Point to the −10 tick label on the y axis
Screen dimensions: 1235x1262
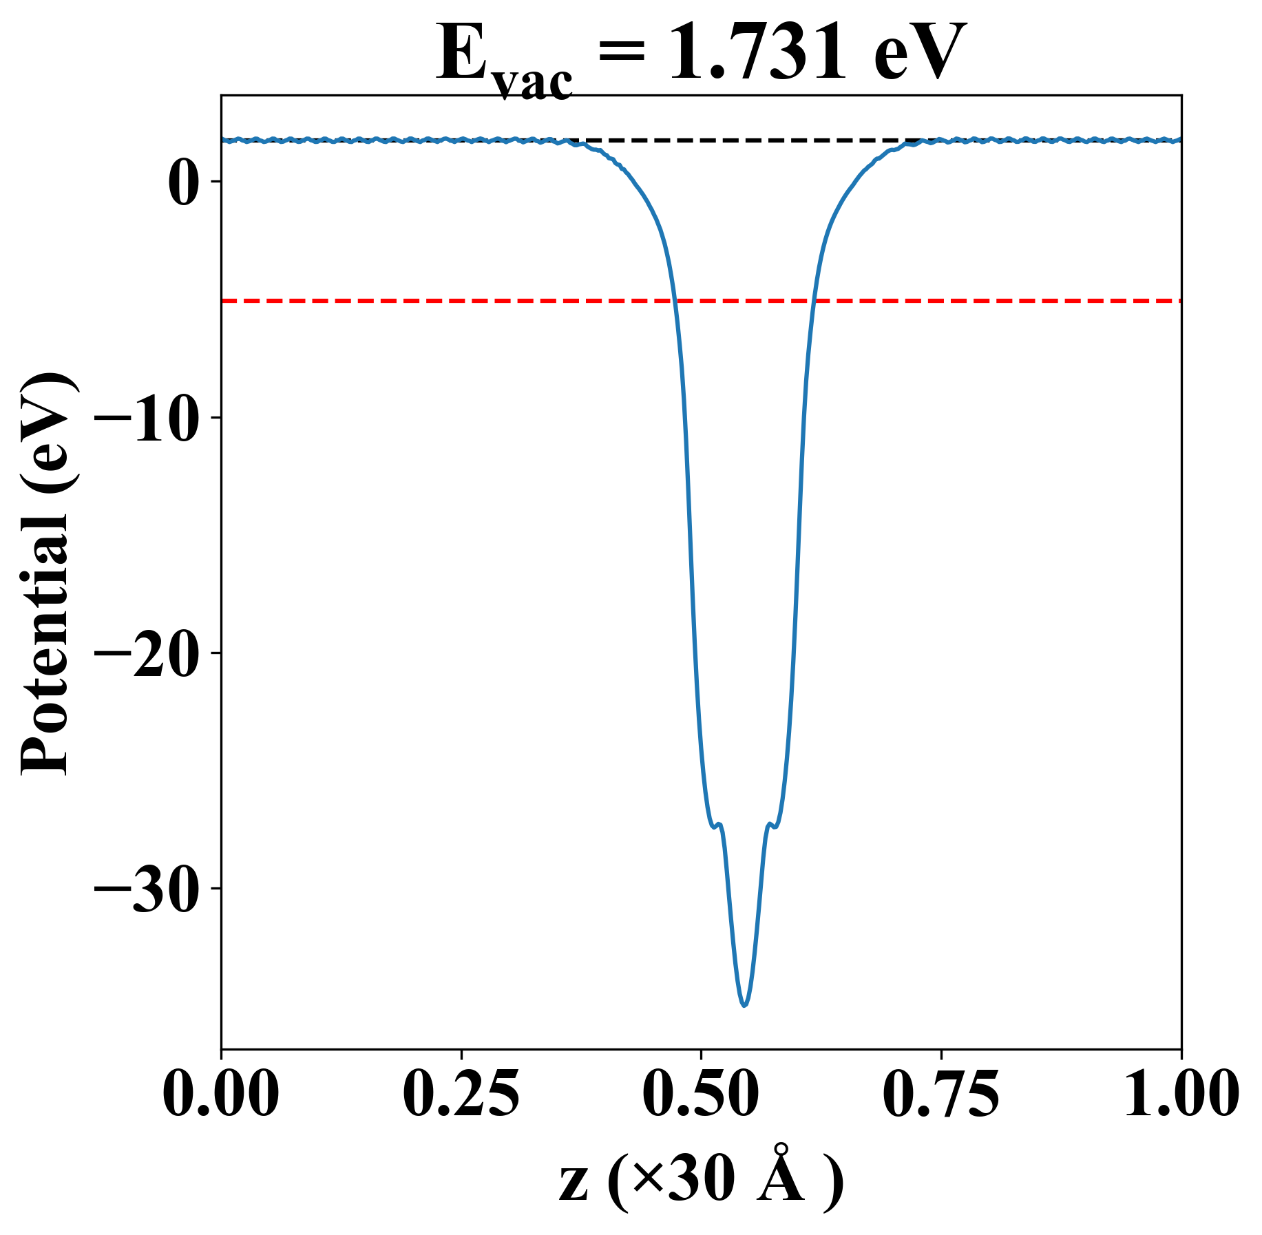click(147, 419)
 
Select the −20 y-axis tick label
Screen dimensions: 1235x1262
click(147, 654)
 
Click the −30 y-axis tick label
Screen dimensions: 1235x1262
click(147, 889)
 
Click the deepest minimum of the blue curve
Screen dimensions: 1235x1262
click(744, 1004)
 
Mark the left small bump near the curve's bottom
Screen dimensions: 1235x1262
click(718, 824)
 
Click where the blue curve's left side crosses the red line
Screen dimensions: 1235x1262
click(675, 301)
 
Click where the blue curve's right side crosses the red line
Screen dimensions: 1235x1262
click(813, 301)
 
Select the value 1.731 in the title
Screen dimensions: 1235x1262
click(757, 54)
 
